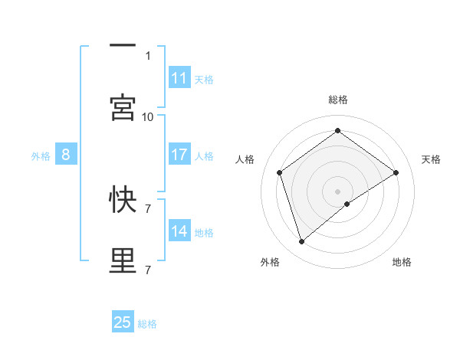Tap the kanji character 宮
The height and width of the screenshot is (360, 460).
pos(123,107)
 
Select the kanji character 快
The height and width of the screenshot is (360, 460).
pos(123,199)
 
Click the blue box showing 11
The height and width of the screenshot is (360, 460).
pos(179,77)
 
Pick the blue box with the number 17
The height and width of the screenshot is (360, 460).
pos(179,155)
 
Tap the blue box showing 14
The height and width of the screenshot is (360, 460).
pos(179,231)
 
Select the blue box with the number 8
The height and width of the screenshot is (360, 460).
pos(66,155)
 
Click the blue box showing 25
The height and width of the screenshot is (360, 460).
pos(123,322)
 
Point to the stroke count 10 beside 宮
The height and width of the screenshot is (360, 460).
pos(148,116)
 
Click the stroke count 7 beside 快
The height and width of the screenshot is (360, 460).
pos(148,208)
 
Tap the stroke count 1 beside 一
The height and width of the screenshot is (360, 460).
pos(148,55)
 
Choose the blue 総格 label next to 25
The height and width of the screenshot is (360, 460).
pos(147,324)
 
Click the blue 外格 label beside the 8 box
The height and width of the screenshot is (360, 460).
pos(41,156)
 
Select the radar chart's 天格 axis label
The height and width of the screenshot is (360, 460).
pos(431,159)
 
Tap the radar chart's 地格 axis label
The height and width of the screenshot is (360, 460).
pos(402,262)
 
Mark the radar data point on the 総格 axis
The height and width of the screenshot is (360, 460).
pos(337,131)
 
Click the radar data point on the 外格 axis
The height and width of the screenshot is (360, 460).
pos(302,242)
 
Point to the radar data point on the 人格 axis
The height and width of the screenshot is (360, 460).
pos(280,172)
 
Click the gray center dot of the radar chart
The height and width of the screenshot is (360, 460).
pos(337,191)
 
